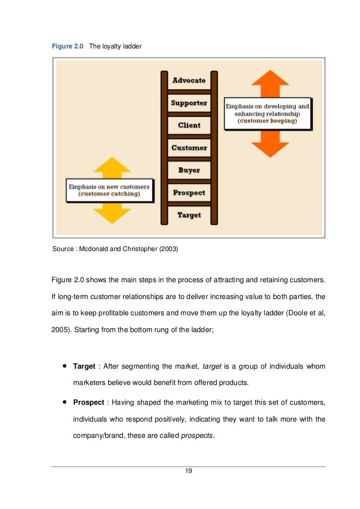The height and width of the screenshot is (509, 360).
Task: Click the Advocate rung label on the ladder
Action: pos(189,80)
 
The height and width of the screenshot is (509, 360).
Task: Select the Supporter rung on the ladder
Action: pos(189,103)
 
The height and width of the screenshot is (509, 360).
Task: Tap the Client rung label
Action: pos(189,125)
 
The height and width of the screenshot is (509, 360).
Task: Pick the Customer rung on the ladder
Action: pos(189,148)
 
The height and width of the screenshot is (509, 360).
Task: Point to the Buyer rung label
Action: pos(189,170)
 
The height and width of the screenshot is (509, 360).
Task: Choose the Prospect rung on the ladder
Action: pos(189,193)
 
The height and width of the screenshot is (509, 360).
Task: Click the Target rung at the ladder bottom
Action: pos(189,215)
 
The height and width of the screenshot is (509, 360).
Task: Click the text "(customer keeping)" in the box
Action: pos(268,121)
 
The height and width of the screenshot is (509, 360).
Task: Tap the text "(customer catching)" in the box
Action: pos(109,194)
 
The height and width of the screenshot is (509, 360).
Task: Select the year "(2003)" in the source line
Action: pos(168,249)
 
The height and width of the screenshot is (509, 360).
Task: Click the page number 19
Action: pos(188,470)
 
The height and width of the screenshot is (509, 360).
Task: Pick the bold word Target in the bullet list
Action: pos(84,366)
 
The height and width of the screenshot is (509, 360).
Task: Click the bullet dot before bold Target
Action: pos(64,366)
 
